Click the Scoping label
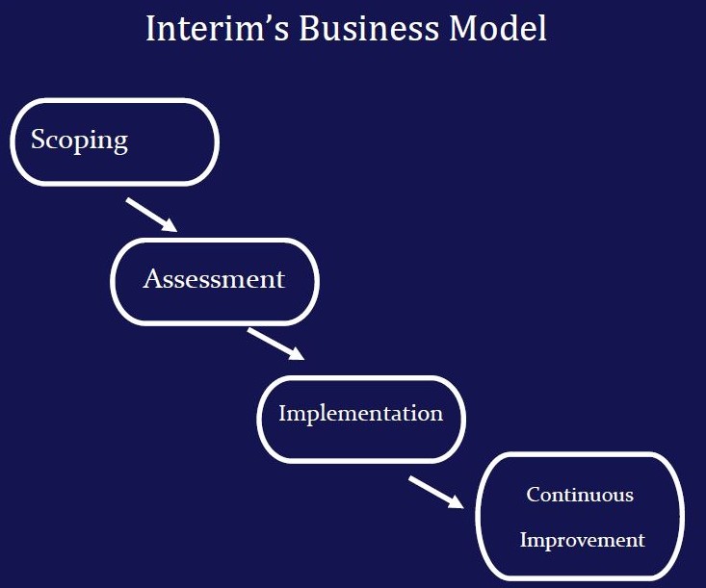pos(79,141)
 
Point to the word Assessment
pos(214,279)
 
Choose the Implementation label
pos(360,414)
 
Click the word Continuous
pos(580,495)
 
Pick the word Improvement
pos(582,540)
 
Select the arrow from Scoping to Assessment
pos(151,215)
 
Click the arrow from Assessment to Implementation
pos(275,344)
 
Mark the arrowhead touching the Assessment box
pos(169,225)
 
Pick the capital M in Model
pos(462,28)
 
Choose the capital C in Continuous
pos(533,495)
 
